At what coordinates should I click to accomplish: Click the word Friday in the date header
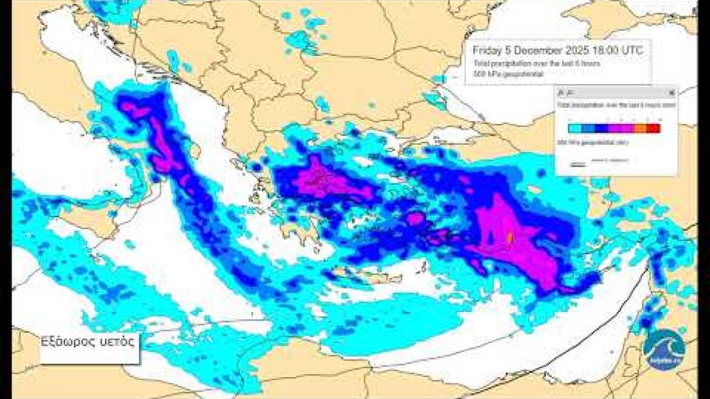click(487, 50)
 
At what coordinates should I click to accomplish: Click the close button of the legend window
click(671, 93)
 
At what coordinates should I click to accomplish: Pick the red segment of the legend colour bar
click(653, 128)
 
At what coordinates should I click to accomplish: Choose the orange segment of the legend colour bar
click(640, 128)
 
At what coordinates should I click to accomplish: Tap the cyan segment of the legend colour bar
click(574, 128)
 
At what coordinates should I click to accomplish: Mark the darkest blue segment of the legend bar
click(602, 128)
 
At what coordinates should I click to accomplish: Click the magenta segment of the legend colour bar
click(620, 128)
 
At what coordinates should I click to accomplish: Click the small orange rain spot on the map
click(510, 236)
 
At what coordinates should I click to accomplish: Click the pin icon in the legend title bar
click(561, 93)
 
